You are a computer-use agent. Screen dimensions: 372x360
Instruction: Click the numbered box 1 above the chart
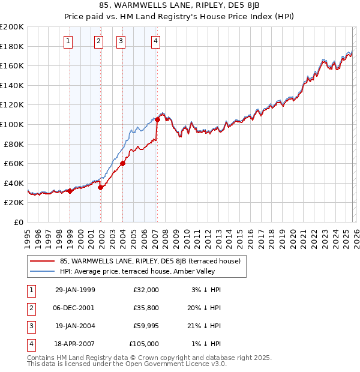[68, 41]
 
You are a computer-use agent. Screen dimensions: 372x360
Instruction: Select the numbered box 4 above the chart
[155, 41]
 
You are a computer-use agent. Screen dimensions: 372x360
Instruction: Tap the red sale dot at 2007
[157, 119]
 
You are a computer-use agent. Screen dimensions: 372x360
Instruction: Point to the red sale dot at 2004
[122, 163]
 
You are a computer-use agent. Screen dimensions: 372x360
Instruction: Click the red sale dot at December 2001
[100, 187]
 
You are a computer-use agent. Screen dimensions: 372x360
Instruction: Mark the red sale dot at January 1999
[70, 191]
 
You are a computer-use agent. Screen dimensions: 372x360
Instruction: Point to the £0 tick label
[19, 222]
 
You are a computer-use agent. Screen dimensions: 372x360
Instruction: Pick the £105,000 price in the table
[143, 344]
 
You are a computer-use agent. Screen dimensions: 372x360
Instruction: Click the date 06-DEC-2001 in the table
[74, 308]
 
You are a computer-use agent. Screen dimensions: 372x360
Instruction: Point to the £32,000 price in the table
[145, 290]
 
